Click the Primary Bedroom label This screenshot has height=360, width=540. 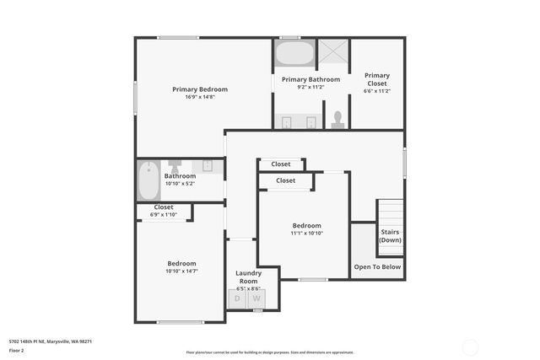199,89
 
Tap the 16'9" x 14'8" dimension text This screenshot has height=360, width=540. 199,96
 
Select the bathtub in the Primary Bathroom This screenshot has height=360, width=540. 294,56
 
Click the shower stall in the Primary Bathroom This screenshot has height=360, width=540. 332,52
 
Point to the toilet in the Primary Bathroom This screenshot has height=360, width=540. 338,119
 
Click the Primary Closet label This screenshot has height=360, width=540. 377,79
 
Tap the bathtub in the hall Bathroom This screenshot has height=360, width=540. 148,179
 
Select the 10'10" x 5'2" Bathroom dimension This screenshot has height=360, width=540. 180,183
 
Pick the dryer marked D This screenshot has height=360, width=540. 237,298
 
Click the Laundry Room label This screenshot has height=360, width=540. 248,277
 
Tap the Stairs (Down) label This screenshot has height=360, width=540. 390,235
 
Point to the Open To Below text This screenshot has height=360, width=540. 377,266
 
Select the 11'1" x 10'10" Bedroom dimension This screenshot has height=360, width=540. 306,233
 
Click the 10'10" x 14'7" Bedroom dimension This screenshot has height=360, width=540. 181,271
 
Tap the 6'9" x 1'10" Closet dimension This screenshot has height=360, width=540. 164,214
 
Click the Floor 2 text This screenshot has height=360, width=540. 16,349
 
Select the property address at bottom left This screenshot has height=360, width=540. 50,341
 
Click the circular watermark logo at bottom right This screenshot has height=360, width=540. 469,347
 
